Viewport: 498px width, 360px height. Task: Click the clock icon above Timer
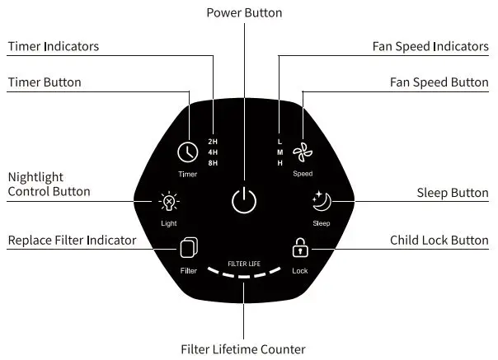click(187, 153)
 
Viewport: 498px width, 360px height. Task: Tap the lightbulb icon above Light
click(169, 201)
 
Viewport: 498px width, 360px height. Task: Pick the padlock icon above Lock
click(300, 247)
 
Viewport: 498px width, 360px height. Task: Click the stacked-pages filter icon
click(188, 248)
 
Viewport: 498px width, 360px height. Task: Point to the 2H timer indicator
click(213, 142)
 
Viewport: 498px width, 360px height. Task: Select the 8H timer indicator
click(213, 163)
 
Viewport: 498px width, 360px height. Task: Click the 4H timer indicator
click(213, 152)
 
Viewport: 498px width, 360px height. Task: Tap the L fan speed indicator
click(280, 142)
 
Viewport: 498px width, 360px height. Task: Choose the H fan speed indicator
click(280, 163)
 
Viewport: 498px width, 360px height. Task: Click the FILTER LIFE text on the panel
click(244, 262)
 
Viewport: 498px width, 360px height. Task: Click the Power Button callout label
click(244, 12)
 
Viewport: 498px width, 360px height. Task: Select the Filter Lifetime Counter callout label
click(243, 349)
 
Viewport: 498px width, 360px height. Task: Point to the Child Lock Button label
click(439, 241)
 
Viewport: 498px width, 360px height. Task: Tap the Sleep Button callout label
click(453, 193)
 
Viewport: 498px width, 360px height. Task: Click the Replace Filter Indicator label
click(72, 241)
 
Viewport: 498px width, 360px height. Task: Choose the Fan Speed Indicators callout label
click(430, 46)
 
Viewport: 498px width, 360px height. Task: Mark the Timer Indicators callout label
click(54, 46)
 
